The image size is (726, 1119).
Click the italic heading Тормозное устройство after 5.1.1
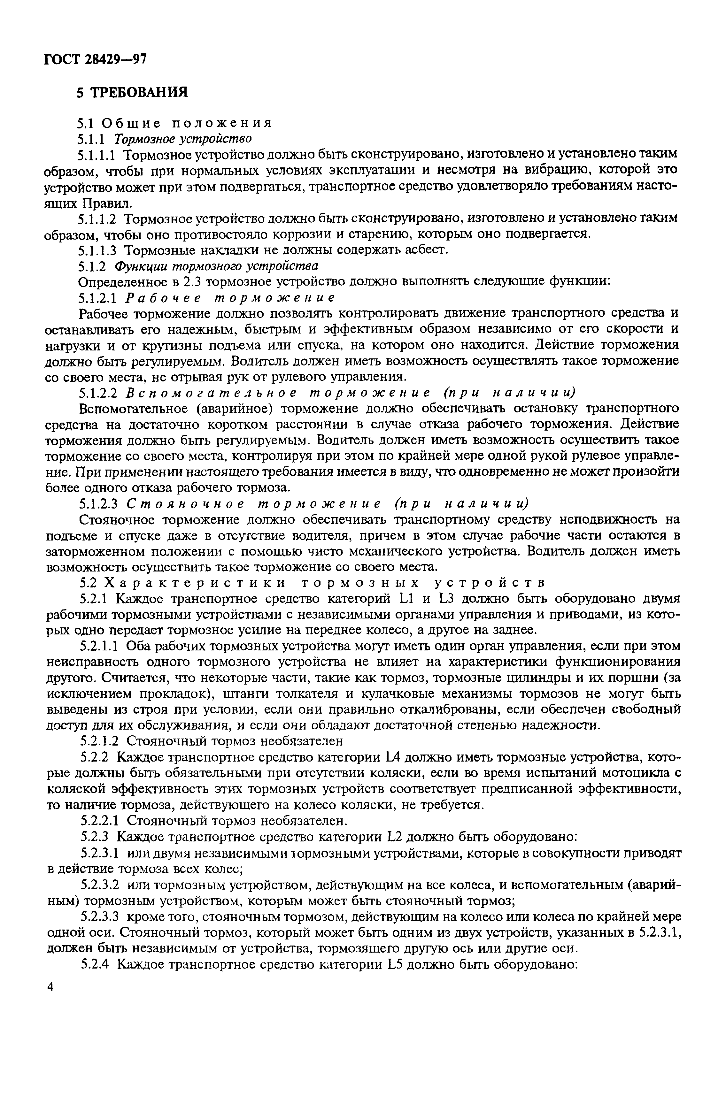click(x=183, y=138)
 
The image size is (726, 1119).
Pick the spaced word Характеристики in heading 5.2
click(x=194, y=583)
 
